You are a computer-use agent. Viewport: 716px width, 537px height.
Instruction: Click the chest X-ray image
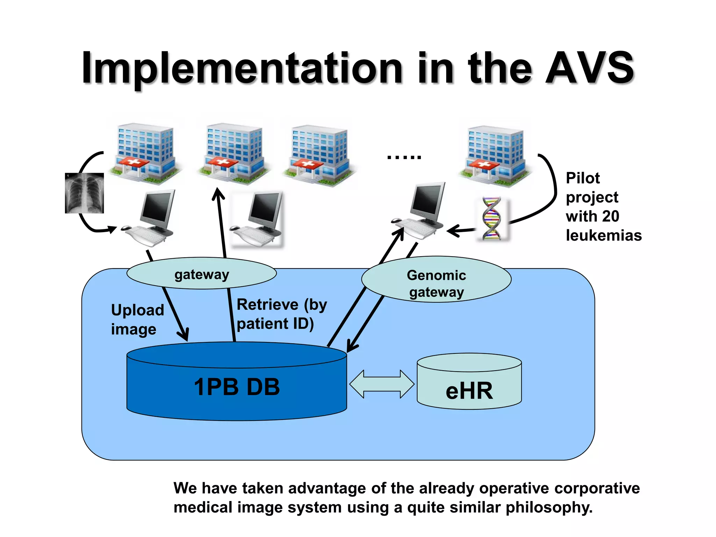coord(84,193)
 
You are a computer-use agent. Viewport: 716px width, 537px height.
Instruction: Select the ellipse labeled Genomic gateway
coord(436,279)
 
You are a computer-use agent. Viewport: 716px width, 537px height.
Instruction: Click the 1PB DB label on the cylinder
coord(237,387)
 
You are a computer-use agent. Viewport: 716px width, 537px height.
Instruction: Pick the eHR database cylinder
coord(469,383)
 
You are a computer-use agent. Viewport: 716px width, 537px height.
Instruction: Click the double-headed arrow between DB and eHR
coord(382,384)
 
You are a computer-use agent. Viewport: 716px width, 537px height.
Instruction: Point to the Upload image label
coord(137,320)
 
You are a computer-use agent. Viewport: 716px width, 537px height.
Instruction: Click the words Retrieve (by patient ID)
coord(281,314)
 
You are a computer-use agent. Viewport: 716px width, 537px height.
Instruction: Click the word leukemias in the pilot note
coord(603,235)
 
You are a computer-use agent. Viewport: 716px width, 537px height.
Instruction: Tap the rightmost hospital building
coord(495,156)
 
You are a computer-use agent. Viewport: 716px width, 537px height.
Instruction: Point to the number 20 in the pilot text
coord(610,216)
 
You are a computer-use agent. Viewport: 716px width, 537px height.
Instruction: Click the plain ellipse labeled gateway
coord(201,274)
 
